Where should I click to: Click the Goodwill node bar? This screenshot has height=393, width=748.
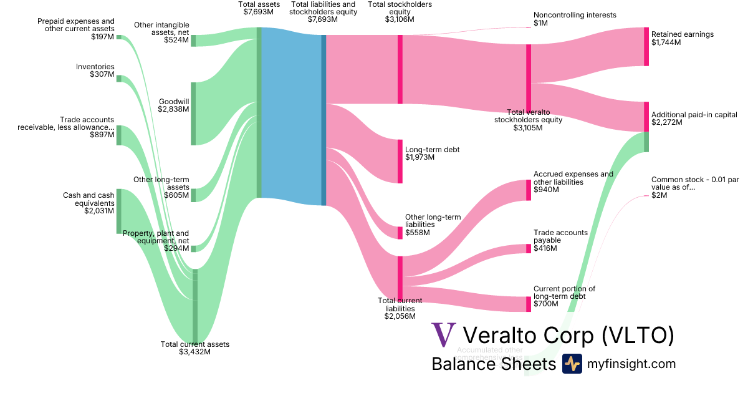(193, 114)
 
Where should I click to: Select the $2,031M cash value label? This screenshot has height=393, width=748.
(99, 211)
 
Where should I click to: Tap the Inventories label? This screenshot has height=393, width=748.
(95, 67)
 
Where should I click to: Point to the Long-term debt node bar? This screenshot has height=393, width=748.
(400, 162)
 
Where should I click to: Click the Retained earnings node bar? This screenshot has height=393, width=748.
(646, 47)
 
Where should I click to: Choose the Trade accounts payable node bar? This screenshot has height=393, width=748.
(529, 249)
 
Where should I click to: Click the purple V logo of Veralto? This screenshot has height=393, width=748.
(444, 335)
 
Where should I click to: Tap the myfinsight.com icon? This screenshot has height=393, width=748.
(572, 364)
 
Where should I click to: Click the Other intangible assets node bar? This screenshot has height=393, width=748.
(193, 41)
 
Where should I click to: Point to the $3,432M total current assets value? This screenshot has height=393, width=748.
(194, 352)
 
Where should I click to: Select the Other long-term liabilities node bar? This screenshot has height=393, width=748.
(400, 233)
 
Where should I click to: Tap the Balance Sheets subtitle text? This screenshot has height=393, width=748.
(493, 364)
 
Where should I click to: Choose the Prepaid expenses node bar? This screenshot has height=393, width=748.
(118, 37)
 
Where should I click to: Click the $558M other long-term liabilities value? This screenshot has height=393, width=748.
(417, 233)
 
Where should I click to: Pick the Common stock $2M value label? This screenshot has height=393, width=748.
(659, 195)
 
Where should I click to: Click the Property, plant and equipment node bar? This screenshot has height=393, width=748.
(193, 248)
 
